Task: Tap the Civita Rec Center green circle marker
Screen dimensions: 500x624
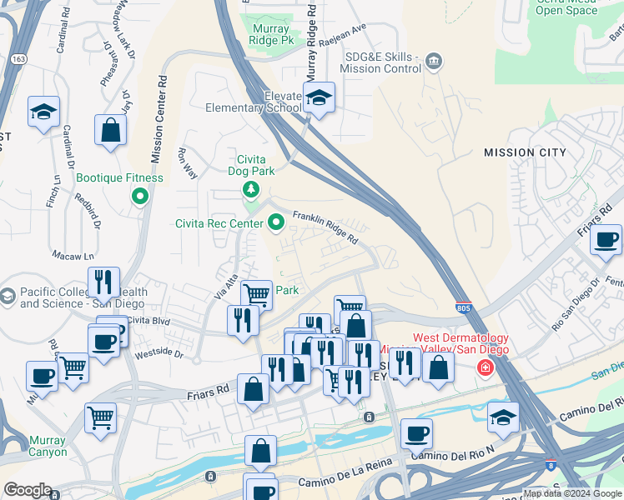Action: [277, 222]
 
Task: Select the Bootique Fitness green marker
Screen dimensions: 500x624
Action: [140, 197]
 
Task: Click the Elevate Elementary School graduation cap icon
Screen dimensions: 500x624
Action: [318, 98]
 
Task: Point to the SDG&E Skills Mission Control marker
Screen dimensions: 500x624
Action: [434, 61]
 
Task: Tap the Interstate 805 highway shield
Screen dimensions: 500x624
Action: [464, 307]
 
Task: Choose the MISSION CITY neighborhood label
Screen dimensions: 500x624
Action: [525, 152]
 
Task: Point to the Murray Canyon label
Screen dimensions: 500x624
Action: [48, 446]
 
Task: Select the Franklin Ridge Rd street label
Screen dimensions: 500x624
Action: [325, 226]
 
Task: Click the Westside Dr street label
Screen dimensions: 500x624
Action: [159, 352]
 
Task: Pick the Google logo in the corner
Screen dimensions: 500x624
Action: [28, 490]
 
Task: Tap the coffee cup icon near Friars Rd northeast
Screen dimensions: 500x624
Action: [606, 240]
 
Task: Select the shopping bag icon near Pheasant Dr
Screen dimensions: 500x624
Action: [110, 131]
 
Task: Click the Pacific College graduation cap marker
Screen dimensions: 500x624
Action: [8, 296]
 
